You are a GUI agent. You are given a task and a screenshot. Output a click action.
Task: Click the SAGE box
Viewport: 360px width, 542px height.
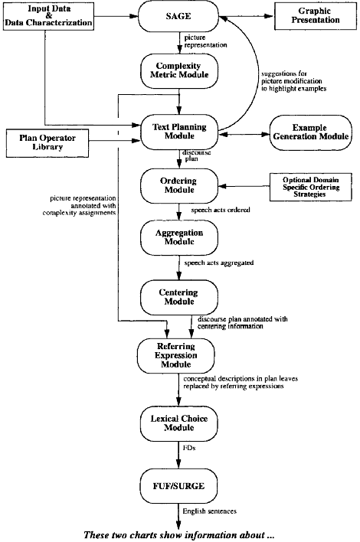(178, 16)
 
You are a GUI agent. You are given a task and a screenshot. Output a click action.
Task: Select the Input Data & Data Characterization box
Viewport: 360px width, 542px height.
(48, 17)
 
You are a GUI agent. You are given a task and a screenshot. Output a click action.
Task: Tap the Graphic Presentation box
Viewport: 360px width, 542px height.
(316, 16)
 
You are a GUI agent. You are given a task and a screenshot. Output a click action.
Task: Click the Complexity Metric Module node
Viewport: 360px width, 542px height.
(179, 71)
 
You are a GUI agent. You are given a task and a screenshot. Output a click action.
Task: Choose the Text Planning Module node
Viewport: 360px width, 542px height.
(179, 132)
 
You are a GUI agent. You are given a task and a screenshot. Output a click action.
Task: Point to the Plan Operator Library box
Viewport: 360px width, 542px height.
(47, 142)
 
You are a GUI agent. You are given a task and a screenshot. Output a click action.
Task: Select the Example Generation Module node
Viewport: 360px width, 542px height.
(310, 132)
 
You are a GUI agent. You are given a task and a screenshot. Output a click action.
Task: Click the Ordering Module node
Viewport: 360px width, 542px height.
(179, 185)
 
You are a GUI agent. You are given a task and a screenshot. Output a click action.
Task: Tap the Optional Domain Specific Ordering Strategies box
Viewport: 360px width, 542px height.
(310, 187)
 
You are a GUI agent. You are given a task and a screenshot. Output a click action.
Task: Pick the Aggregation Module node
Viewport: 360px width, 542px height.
(179, 238)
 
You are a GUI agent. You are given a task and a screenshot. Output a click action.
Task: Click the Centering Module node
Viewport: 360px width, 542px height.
(179, 297)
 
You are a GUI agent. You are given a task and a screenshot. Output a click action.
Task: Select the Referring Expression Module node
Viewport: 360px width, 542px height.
(176, 356)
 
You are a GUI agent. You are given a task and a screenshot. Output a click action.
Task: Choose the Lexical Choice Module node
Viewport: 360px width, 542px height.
(179, 423)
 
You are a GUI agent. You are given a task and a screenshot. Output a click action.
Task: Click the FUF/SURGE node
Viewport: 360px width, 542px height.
(179, 486)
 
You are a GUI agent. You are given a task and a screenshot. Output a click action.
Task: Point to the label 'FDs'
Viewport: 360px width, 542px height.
(189, 448)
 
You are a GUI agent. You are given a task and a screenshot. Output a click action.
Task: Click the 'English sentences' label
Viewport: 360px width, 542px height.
(210, 511)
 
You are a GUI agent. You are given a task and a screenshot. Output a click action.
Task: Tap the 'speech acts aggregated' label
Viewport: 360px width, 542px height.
(219, 263)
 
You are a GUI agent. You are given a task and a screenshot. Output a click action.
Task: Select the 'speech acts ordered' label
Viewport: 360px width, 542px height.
(221, 210)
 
